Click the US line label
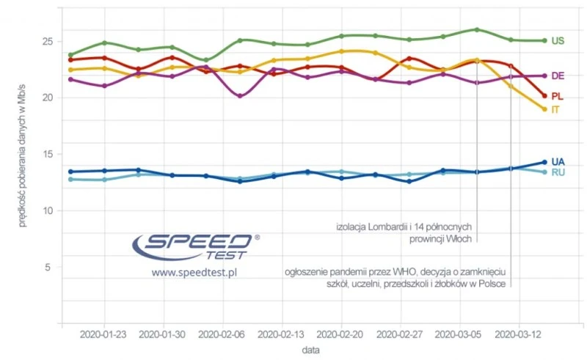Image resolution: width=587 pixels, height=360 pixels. (558, 41)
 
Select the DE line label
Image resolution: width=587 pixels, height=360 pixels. (558, 76)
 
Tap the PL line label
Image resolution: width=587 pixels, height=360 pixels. (557, 96)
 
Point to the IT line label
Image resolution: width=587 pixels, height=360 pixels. (555, 109)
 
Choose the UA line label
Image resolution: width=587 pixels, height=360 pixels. (558, 162)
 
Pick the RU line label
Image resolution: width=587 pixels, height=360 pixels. (558, 173)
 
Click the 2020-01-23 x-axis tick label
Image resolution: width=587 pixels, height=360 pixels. (104, 334)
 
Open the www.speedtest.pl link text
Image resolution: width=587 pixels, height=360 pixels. (194, 272)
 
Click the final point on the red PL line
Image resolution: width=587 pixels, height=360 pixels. (544, 96)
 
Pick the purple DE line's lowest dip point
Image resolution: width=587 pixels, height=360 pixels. (239, 96)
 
